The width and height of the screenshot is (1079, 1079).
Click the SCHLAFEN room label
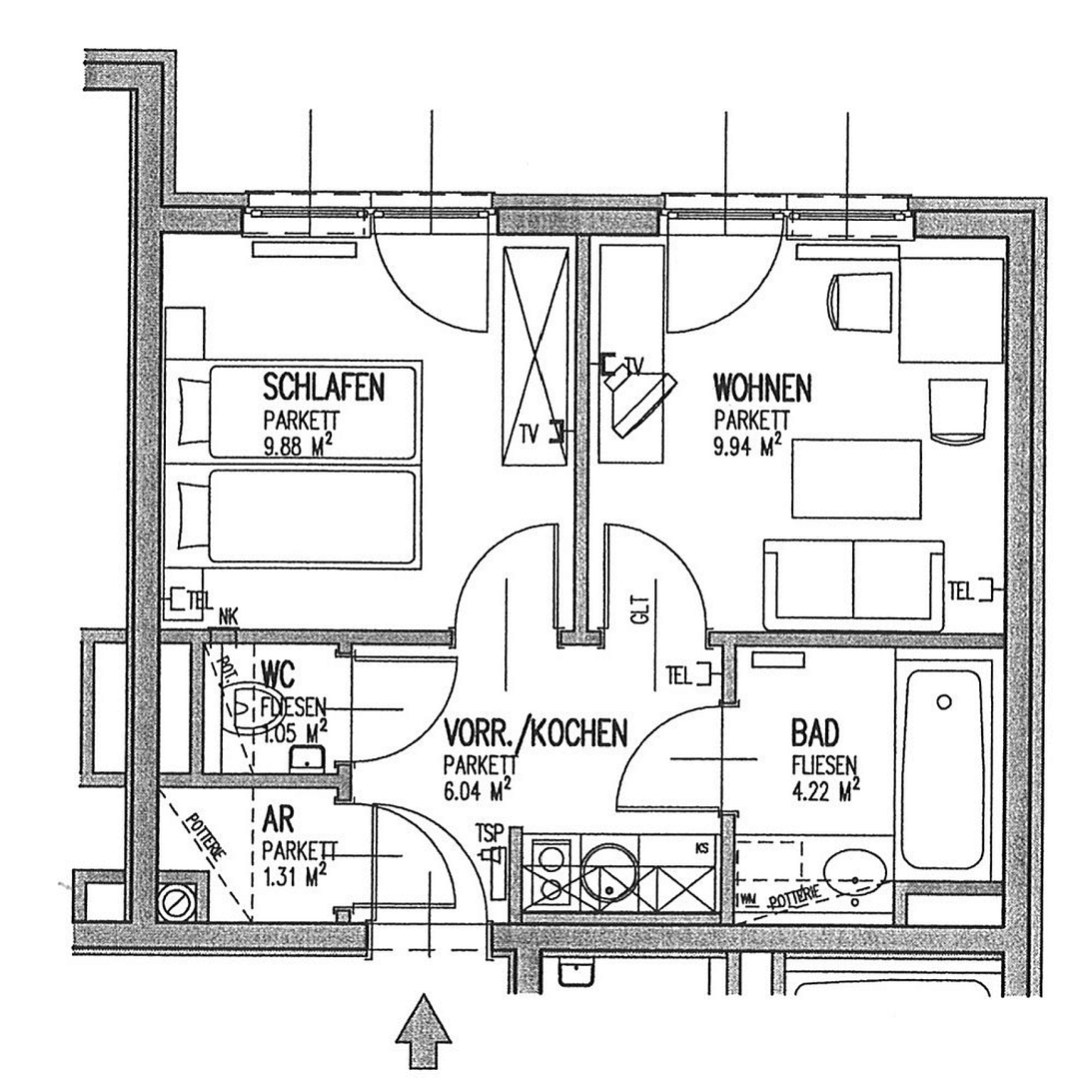[324, 386]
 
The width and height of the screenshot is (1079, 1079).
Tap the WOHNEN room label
[762, 386]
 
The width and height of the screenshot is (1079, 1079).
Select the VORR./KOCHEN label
[536, 734]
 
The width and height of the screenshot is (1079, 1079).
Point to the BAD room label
[815, 732]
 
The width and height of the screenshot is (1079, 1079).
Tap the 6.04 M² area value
[480, 791]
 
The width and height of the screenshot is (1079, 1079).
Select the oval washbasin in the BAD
[857, 871]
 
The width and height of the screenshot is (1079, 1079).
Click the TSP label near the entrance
[489, 831]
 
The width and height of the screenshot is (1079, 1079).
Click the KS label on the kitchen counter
[703, 849]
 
